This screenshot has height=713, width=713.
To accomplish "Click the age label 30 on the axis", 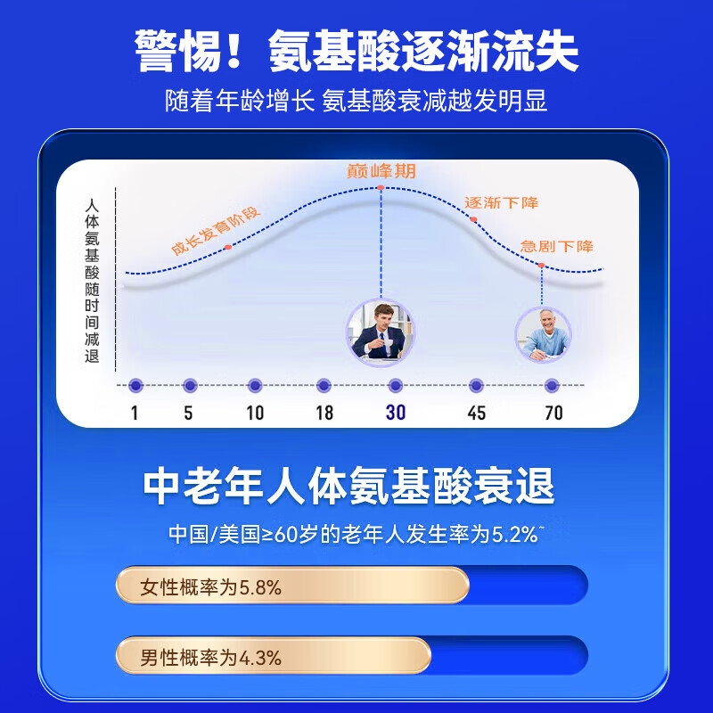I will tap(396, 413).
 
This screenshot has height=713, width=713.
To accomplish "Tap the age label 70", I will tap(553, 413).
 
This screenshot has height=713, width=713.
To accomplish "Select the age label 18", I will tap(324, 413).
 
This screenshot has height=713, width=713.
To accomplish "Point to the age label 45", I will tap(477, 413).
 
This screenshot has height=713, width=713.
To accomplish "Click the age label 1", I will tap(135, 413).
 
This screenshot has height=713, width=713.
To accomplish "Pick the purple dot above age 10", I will tap(255, 385).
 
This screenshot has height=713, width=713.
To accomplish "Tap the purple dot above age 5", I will tap(189, 385).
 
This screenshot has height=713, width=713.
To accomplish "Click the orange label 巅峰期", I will tap(381, 172).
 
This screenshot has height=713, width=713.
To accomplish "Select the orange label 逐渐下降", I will tap(502, 203).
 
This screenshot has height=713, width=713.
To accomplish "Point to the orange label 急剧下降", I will tap(557, 246).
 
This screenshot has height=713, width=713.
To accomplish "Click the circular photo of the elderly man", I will tap(543, 334).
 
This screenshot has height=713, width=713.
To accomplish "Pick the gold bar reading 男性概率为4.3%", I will tap(273, 656).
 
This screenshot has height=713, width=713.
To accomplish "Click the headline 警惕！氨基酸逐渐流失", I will tap(356, 51).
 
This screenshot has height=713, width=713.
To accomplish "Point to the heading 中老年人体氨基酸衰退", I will tap(349, 487).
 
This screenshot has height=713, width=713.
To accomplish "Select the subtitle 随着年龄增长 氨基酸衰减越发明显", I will tap(356, 101).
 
